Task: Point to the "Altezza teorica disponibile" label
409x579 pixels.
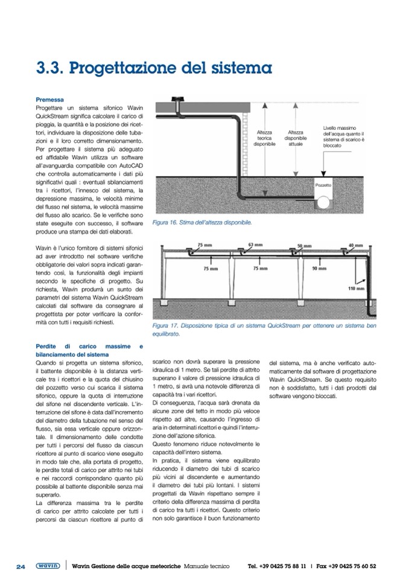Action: [264, 138]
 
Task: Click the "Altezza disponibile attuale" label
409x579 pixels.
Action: [295, 138]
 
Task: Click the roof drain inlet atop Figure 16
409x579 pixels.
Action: [178, 99]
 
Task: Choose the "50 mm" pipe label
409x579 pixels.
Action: [304, 246]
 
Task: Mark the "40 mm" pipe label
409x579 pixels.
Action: [356, 246]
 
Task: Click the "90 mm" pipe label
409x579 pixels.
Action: [319, 268]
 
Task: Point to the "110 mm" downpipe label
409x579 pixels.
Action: [357, 289]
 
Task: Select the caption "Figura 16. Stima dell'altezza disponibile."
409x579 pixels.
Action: [202, 223]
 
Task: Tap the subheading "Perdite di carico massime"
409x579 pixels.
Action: [89, 346]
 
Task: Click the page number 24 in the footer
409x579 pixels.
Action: [21, 566]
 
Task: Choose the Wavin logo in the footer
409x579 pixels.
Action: [47, 566]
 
